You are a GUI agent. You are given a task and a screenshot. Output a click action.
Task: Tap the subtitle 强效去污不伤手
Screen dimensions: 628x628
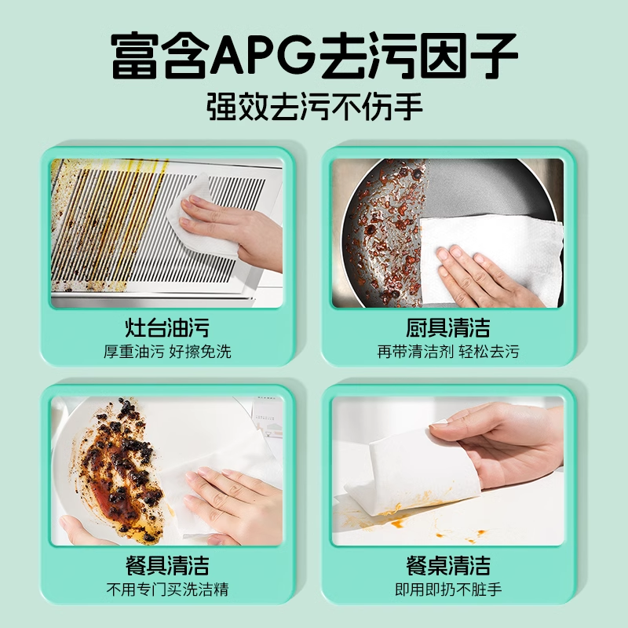pyautogui.click(x=314, y=104)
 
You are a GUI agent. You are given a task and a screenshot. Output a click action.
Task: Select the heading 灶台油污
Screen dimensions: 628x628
pyautogui.click(x=167, y=327)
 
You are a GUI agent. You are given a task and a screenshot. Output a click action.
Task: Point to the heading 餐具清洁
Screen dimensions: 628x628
pyautogui.click(x=167, y=564)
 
